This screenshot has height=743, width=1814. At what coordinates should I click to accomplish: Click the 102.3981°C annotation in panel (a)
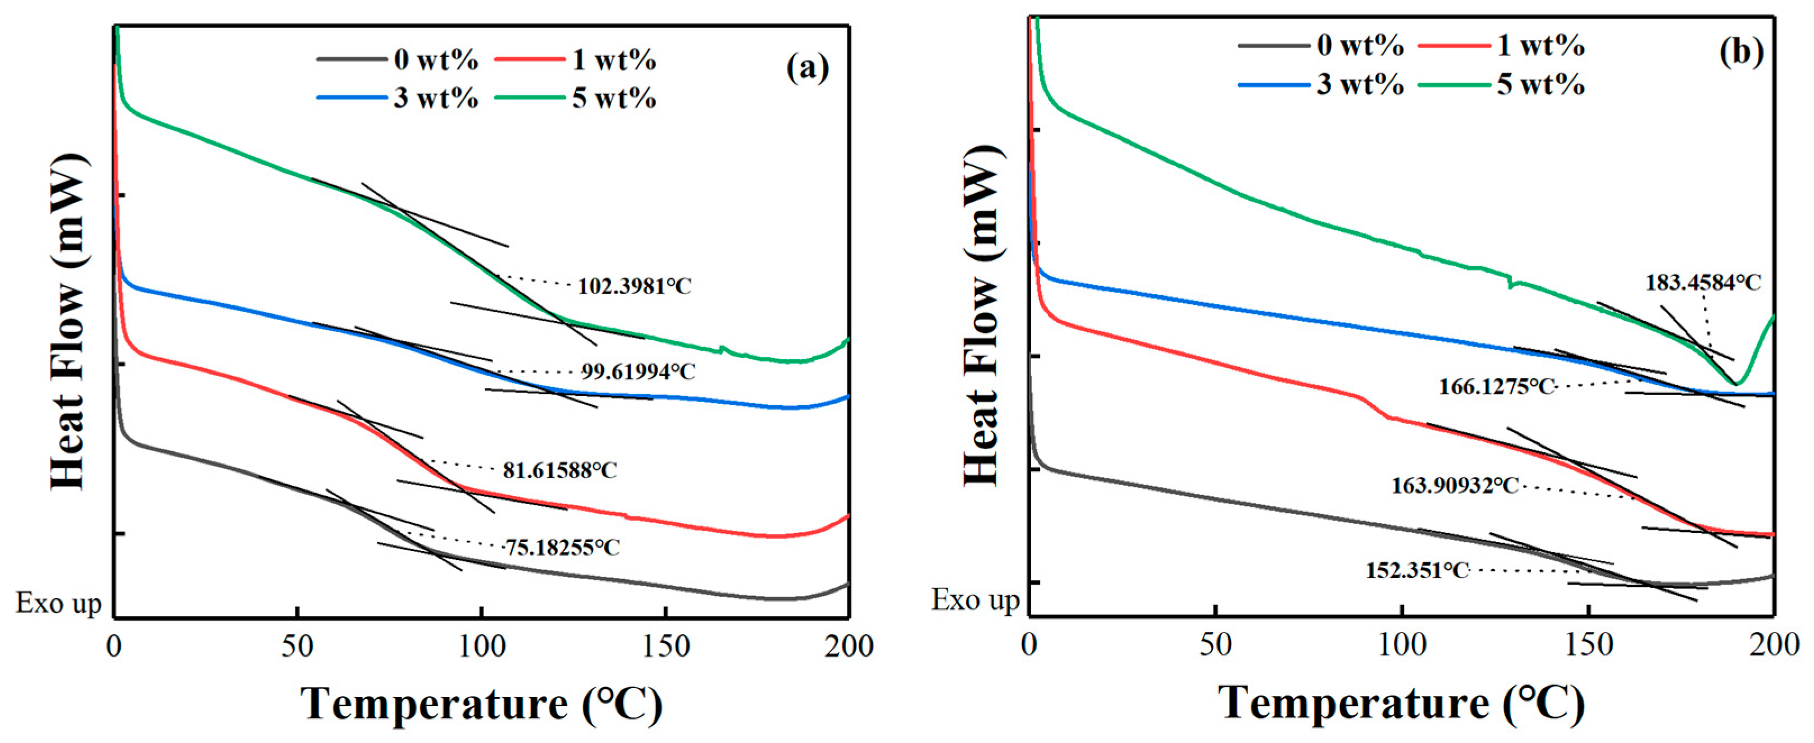(633, 286)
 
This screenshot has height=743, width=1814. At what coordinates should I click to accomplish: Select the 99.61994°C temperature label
(638, 371)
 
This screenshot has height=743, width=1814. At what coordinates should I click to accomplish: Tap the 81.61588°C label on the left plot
(560, 470)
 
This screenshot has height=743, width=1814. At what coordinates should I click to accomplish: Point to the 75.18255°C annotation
(563, 547)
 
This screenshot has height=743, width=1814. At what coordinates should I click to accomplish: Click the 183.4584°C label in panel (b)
(1702, 283)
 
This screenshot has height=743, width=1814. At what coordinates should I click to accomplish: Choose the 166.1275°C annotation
(1496, 386)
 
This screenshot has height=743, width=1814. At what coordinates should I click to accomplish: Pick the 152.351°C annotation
(1418, 570)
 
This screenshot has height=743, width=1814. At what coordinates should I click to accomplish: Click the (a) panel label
(808, 68)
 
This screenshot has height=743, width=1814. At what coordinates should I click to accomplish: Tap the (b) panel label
(1741, 52)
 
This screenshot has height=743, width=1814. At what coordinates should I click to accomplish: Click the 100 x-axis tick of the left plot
(482, 646)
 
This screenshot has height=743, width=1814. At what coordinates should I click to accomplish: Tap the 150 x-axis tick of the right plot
(1589, 644)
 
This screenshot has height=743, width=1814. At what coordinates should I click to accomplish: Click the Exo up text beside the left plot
(59, 603)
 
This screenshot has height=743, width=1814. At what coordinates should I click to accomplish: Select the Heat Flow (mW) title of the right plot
(982, 317)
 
